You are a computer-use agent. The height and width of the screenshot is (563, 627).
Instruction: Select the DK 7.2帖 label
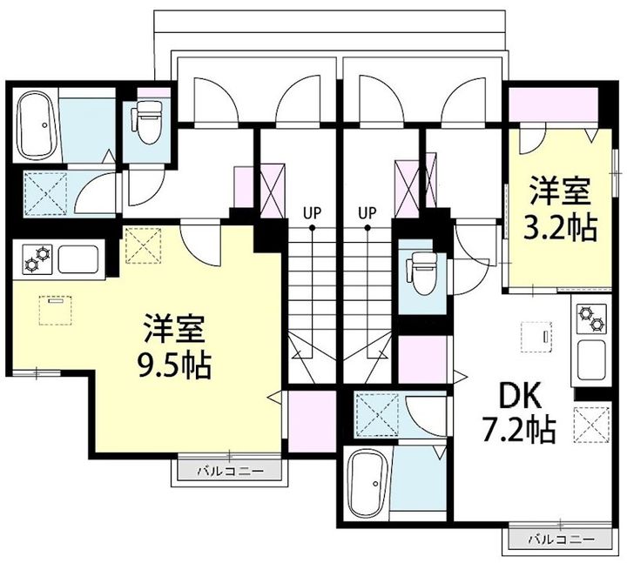[x=519, y=412]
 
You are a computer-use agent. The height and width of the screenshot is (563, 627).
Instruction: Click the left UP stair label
[x=312, y=213]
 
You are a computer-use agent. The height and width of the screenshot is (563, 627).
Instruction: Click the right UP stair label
[x=367, y=213]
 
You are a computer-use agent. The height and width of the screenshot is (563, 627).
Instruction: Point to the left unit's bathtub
[x=37, y=125]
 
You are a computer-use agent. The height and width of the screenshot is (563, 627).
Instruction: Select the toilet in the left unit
[x=147, y=120]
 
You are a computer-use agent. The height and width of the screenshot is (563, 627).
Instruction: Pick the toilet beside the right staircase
[x=421, y=273]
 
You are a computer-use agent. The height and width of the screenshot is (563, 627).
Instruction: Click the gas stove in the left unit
[x=38, y=259]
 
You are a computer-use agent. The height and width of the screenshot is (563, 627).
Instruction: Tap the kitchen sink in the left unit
[x=78, y=259]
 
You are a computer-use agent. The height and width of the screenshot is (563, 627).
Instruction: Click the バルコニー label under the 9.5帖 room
[x=230, y=471]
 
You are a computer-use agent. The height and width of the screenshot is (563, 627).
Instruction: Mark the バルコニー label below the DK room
[x=561, y=540]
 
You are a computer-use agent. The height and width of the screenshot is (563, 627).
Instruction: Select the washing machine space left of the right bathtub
[x=378, y=414]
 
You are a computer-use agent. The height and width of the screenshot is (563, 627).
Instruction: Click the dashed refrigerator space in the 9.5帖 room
[x=144, y=245]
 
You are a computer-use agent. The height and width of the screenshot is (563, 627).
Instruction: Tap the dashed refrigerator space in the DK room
[x=591, y=425]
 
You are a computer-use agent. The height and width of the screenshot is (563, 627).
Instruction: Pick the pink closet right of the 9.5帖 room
[x=312, y=421]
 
